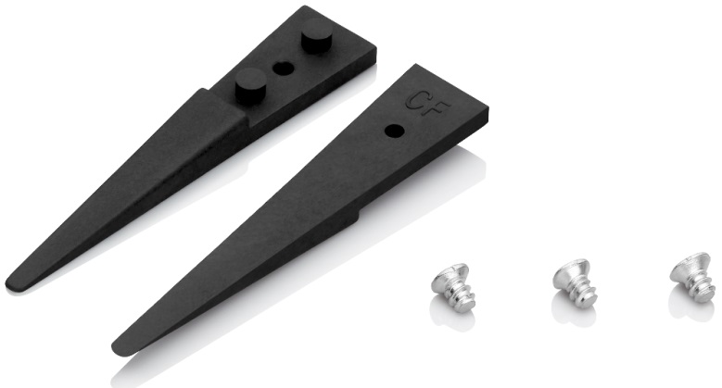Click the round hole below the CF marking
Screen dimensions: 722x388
coord(395,131)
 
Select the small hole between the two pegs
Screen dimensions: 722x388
coord(284,69)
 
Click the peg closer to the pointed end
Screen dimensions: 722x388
coord(252,84)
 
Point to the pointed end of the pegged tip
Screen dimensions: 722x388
coord(10,283)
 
